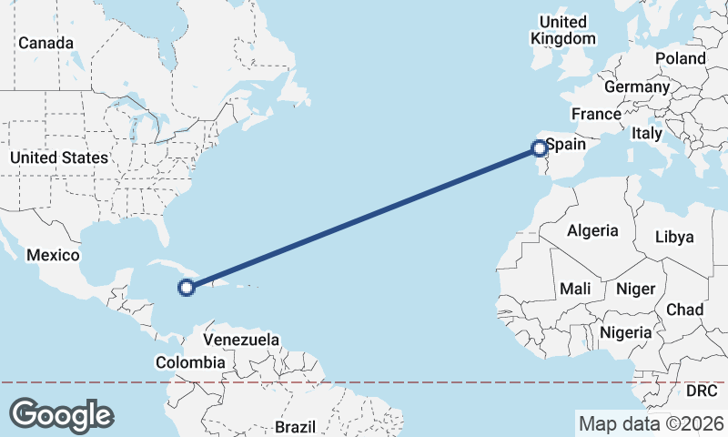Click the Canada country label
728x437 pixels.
45,43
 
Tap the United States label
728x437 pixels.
58,158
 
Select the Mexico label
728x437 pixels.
54,256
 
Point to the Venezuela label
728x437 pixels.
241,340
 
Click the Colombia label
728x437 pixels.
189,362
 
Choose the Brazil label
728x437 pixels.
295,427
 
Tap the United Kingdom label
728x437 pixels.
564,30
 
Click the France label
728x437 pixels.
596,114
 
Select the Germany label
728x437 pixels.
636,86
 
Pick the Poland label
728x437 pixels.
680,58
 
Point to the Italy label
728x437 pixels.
647,133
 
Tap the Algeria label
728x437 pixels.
592,231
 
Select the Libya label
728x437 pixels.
674,237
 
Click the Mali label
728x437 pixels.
576,289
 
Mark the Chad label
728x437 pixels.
684,310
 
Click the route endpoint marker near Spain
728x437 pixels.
539,147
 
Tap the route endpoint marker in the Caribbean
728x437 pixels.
186,288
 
